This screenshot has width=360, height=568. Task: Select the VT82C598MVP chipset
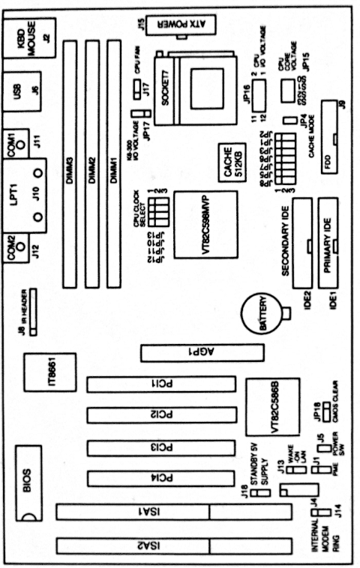[x=205, y=225]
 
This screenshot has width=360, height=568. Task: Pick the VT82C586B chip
[x=274, y=408]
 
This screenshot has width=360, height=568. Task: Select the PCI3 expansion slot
[x=157, y=448]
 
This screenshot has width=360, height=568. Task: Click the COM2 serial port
[x=17, y=247]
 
